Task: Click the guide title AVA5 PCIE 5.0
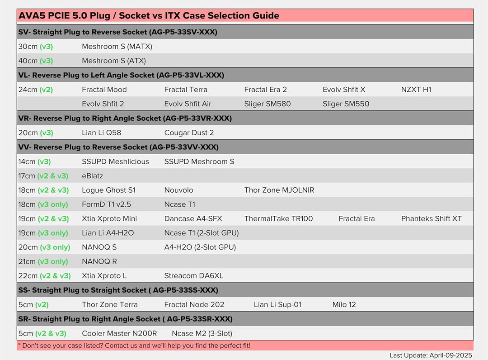[149, 16]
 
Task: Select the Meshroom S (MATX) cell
[117, 47]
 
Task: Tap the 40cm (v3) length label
[36, 61]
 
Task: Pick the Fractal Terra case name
[186, 90]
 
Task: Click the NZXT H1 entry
[416, 90]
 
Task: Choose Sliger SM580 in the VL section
[267, 104]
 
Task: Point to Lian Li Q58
[102, 133]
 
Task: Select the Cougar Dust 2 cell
[189, 133]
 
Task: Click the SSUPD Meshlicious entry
[115, 161]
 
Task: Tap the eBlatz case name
[93, 176]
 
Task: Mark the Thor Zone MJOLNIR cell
[279, 190]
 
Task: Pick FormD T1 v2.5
[107, 204]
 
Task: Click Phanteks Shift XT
[432, 219]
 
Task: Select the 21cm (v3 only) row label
[43, 262]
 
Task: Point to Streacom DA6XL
[194, 276]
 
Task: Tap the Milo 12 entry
[344, 305]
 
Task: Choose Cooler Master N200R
[119, 334]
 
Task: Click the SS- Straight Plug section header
[118, 290]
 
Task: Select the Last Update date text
[431, 355]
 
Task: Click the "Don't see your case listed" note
[134, 346]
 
